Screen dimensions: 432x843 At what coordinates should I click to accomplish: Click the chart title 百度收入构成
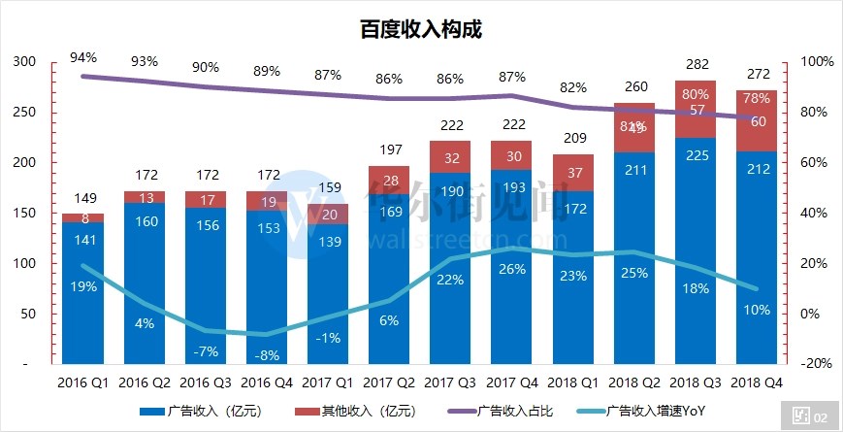(x=420, y=29)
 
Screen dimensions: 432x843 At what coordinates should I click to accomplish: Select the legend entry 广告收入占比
(x=515, y=411)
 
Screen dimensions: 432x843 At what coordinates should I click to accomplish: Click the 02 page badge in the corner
(x=809, y=416)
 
